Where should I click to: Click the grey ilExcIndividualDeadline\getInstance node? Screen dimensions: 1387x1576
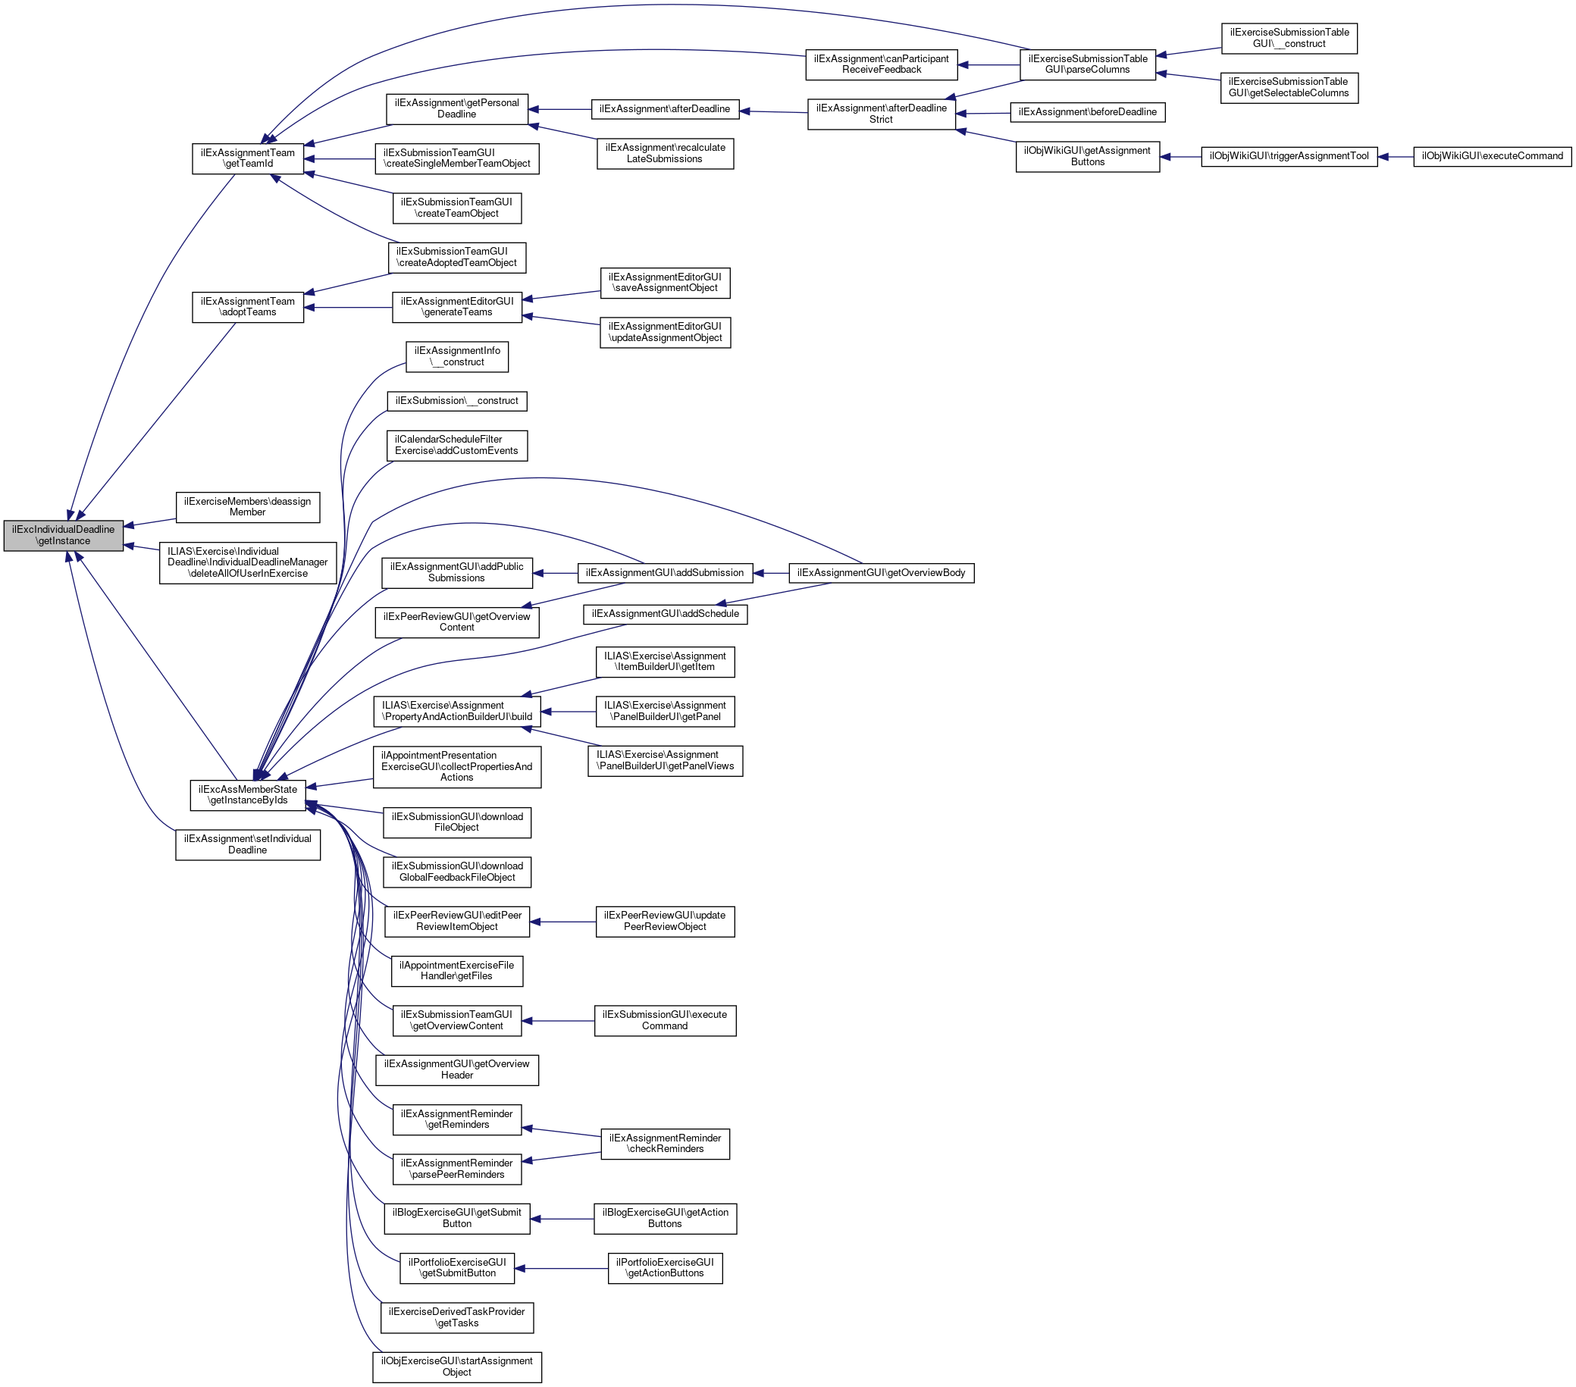pos(63,535)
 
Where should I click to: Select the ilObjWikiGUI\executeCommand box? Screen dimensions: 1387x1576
pos(1492,155)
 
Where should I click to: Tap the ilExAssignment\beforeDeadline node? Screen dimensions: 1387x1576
pos(1087,113)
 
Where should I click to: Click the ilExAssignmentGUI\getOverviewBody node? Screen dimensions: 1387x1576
pos(881,573)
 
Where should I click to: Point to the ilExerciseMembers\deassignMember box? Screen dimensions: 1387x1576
pos(247,506)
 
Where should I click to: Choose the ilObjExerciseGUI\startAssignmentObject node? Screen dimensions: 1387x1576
pos(456,1367)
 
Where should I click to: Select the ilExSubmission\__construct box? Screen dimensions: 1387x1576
pos(456,401)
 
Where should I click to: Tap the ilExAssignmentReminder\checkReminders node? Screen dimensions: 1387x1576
pos(665,1144)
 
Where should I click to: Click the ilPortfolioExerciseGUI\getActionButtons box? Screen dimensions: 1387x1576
pos(665,1268)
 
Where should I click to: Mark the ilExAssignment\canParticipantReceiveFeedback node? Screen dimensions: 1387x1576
pos(882,64)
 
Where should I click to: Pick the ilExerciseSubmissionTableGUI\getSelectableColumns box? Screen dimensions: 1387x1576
pos(1289,88)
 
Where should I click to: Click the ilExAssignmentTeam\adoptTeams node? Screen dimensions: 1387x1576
pos(247,307)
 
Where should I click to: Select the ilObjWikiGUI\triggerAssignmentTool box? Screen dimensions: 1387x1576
pos(1289,156)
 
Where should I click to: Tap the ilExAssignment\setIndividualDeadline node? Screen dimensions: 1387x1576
pos(247,844)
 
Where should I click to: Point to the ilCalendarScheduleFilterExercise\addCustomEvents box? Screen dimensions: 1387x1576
pos(456,446)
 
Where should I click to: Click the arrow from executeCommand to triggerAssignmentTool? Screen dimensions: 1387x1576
pos(1395,156)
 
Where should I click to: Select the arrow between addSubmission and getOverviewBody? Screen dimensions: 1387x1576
pos(770,573)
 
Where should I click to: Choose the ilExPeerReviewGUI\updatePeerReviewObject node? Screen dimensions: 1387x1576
pos(665,922)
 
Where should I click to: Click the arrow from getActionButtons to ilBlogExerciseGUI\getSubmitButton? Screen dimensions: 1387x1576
pos(562,1219)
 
